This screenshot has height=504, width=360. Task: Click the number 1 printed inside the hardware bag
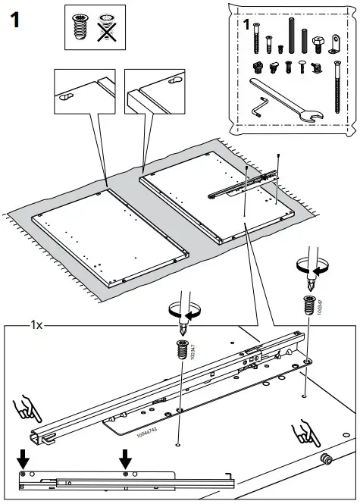(x=247, y=25)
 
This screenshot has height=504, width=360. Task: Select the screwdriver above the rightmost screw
(x=311, y=270)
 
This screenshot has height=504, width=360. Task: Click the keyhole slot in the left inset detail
(x=66, y=95)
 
